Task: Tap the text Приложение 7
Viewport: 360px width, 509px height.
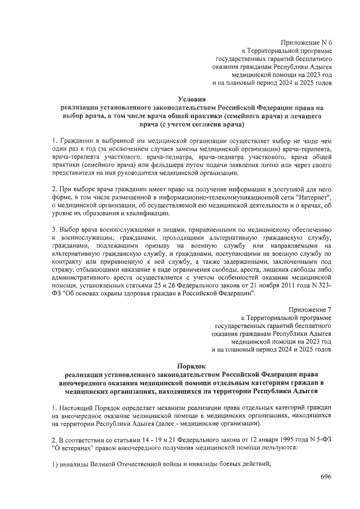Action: pyautogui.click(x=310, y=310)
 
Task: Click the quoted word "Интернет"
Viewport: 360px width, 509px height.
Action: pyautogui.click(x=314, y=200)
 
